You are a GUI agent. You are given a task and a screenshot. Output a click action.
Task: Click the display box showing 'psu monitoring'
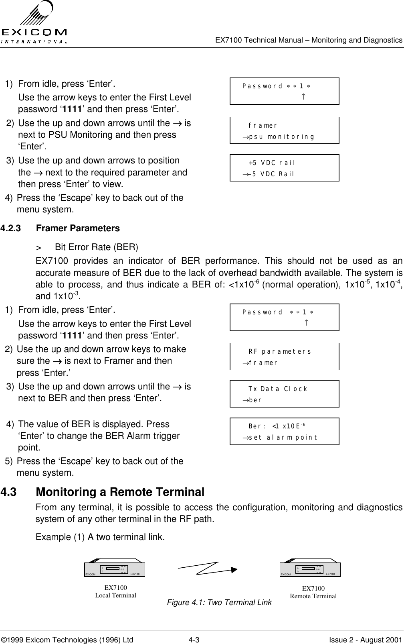[x=284, y=130]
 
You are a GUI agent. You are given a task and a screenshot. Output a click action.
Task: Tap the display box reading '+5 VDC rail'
[x=284, y=168]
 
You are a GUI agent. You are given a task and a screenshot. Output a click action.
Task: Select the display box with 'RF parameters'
[x=284, y=357]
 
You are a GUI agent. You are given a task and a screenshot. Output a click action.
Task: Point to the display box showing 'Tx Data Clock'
[x=284, y=394]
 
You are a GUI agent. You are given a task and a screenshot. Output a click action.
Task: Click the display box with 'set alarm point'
[x=284, y=431]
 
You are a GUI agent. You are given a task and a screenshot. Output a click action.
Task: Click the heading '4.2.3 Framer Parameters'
[x=60, y=228]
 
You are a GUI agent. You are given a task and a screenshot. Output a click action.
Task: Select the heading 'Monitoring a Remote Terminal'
[x=120, y=492]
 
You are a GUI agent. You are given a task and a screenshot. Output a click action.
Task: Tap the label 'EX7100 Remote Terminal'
[x=313, y=593]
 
